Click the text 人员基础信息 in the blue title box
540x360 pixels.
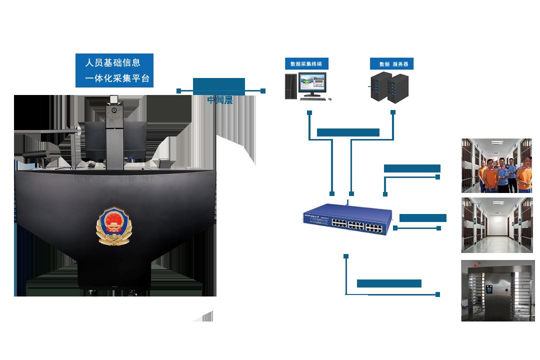[x=113, y=63]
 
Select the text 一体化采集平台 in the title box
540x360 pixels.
[x=117, y=78]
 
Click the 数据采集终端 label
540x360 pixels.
[x=310, y=64]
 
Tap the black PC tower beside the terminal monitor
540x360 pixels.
[x=290, y=86]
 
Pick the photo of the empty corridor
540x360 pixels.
[x=496, y=225]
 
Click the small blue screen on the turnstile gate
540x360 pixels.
[x=490, y=289]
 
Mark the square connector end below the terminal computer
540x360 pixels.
[x=310, y=112]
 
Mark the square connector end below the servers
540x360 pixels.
[x=393, y=112]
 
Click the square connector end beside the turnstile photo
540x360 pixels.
[x=438, y=294]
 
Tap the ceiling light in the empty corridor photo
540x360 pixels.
[x=496, y=203]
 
